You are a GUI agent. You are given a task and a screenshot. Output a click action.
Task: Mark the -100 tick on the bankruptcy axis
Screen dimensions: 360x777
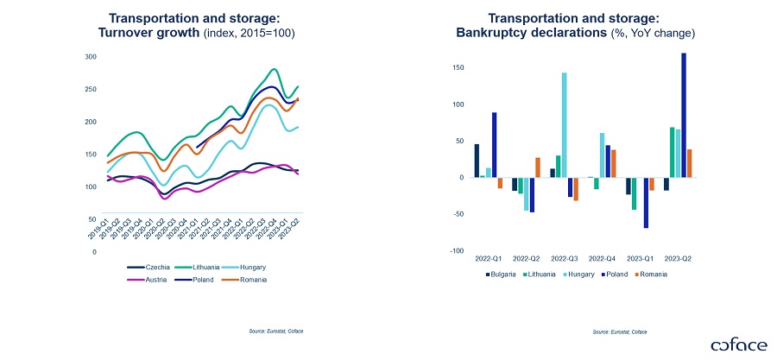pyautogui.click(x=457, y=252)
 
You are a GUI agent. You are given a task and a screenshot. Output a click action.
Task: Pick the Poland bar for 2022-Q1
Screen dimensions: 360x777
pyautogui.click(x=495, y=145)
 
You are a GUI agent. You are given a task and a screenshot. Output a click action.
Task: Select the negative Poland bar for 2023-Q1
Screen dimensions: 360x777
pyautogui.click(x=645, y=203)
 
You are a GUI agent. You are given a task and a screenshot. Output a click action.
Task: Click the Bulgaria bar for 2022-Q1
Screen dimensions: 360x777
pyautogui.click(x=477, y=161)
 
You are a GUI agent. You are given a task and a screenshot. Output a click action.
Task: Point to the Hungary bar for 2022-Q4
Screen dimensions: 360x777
pyautogui.click(x=602, y=155)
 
